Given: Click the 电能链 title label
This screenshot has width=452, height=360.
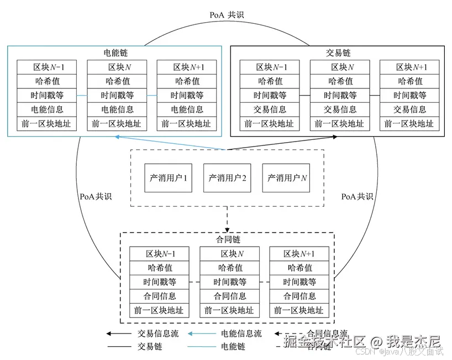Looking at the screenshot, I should tap(117, 54).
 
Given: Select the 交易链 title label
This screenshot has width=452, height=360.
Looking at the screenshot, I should tap(338, 54).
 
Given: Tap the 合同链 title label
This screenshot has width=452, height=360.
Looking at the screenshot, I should tap(227, 241).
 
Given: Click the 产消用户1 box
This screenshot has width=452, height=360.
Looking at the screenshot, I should tap(169, 178).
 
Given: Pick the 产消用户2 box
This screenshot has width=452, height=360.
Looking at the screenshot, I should tap(227, 178).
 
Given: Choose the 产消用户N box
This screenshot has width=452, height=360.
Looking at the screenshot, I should tap(286, 178).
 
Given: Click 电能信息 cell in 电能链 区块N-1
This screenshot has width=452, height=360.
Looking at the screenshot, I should tap(47, 109).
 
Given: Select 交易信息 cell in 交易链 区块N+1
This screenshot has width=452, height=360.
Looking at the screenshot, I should tap(409, 109).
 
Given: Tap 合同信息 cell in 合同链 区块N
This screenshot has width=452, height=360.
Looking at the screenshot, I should tap(229, 296).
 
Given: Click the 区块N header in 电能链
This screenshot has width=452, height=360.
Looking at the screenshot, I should tap(117, 67).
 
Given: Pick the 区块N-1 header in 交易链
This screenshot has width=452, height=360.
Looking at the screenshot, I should tap(270, 67).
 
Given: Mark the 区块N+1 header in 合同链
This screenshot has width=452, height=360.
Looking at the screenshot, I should tap(299, 254).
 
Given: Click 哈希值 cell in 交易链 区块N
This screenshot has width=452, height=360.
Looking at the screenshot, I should tap(339, 81).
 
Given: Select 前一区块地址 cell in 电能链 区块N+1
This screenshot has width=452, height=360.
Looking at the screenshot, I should tap(187, 123).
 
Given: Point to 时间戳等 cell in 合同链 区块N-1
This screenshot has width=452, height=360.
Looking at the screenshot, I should tap(159, 282).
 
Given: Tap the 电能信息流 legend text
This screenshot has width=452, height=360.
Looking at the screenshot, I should tap(241, 334).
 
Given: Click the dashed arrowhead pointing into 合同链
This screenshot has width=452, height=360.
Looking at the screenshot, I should tap(227, 229).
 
